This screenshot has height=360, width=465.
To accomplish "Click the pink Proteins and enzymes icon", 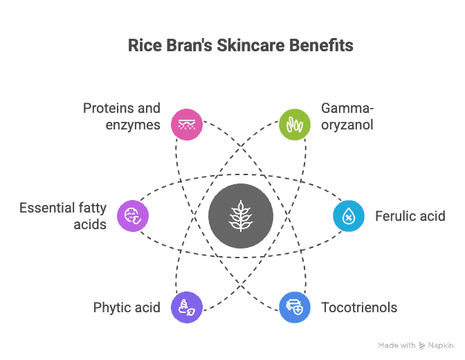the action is [187, 125].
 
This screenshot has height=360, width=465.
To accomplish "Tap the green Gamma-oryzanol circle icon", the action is [295, 125].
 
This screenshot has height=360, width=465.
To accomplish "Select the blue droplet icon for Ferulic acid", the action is [349, 216].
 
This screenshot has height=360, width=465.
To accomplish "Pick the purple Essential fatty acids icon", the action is [133, 216].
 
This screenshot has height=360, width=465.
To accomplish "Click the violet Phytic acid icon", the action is [187, 307].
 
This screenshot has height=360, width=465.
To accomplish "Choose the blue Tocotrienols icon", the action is [295, 307].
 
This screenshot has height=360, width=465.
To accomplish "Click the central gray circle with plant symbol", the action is [241, 216].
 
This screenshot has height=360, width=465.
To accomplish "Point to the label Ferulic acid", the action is [410, 216].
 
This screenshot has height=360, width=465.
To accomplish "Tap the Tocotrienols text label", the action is [359, 307].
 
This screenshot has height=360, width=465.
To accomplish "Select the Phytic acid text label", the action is [127, 308].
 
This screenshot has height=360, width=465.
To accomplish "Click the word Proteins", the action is [109, 108].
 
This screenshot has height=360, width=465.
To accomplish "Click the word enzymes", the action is [133, 125].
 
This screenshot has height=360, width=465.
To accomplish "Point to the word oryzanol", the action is [347, 125].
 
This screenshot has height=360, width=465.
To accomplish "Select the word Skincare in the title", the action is [250, 46].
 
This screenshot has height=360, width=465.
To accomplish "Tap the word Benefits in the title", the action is [321, 46].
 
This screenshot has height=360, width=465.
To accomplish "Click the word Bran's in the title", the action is [189, 46].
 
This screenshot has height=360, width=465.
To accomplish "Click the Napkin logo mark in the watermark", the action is [421, 345].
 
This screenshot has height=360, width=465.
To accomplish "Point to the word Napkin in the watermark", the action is [441, 345].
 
